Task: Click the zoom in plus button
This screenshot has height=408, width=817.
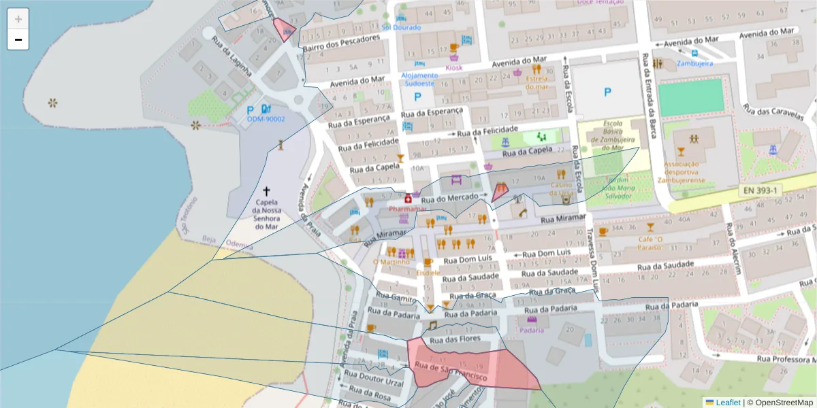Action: point(18,18)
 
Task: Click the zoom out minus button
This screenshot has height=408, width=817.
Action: point(18,39)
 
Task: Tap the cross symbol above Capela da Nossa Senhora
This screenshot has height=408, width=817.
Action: point(267,192)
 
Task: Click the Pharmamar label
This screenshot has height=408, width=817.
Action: point(407,209)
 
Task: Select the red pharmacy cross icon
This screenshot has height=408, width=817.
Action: point(408,199)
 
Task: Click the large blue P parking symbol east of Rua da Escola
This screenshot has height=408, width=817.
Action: point(607,92)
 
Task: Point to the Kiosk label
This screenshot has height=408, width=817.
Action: point(453,67)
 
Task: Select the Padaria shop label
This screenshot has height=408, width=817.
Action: point(532,330)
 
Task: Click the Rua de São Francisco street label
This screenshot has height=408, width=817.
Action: point(450,373)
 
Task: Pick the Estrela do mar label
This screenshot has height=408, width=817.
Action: point(536,82)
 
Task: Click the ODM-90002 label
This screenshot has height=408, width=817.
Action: point(266,119)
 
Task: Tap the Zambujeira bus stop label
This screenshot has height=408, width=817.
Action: point(694,63)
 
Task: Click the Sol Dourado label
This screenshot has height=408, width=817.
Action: point(401,27)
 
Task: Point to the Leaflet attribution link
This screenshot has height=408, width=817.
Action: point(727,403)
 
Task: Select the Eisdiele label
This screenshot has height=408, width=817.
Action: point(428,272)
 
